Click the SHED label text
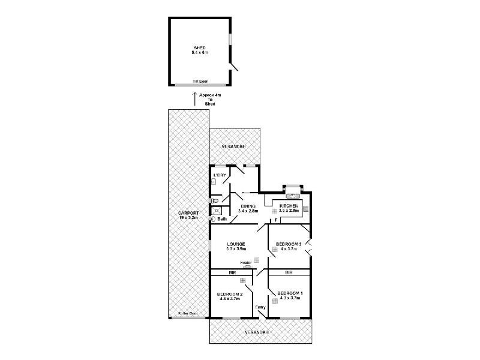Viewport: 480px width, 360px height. pos(199,48)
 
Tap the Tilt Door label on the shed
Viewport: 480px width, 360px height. pos(199,80)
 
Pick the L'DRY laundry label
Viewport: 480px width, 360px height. pos(219,175)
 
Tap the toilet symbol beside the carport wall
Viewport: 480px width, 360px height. pos(215,201)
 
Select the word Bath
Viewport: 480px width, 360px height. pos(221,220)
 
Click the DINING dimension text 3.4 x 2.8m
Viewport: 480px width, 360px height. pos(247,211)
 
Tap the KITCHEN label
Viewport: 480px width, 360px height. pos(289,206)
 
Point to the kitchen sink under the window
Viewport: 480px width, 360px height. pos(293,196)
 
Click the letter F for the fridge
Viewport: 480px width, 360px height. pos(275,221)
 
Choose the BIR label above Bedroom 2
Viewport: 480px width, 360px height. pos(231,272)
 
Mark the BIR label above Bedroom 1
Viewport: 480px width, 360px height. pos(289,272)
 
